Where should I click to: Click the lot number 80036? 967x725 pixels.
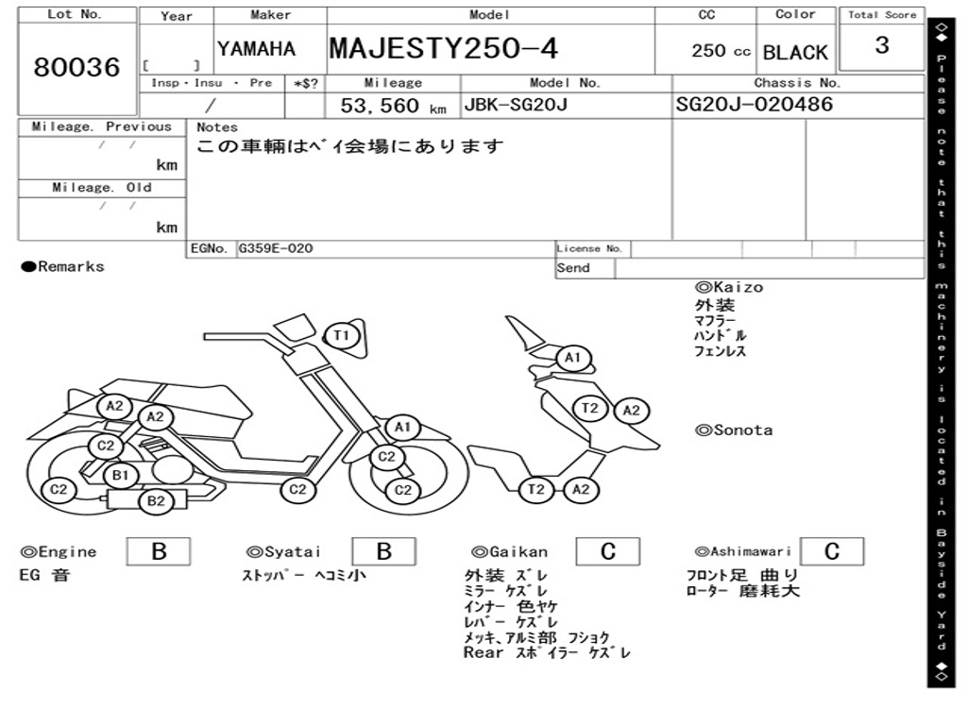click(x=76, y=67)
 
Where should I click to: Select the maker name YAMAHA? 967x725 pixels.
click(x=256, y=49)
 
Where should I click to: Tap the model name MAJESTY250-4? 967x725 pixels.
click(x=444, y=48)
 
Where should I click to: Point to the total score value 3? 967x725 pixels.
click(x=882, y=45)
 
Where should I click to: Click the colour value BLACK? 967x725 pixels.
click(x=795, y=53)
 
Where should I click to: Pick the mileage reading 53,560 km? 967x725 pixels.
click(x=394, y=106)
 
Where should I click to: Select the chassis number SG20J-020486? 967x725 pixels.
click(x=755, y=104)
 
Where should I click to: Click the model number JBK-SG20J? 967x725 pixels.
click(x=516, y=104)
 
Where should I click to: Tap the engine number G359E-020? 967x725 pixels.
click(x=276, y=248)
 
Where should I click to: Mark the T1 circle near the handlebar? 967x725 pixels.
click(x=342, y=335)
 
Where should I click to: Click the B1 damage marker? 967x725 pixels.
click(x=121, y=476)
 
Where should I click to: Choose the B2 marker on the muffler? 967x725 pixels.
click(x=156, y=500)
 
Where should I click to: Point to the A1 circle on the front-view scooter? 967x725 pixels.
click(x=573, y=358)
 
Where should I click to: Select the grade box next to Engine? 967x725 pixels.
click(x=159, y=551)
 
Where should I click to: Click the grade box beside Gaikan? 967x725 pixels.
click(x=608, y=551)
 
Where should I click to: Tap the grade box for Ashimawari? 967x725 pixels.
click(x=832, y=551)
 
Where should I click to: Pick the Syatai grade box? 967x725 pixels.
click(x=383, y=551)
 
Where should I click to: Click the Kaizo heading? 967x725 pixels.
click(x=729, y=287)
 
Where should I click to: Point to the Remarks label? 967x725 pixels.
click(x=63, y=266)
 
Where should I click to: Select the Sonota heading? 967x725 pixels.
click(x=734, y=430)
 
